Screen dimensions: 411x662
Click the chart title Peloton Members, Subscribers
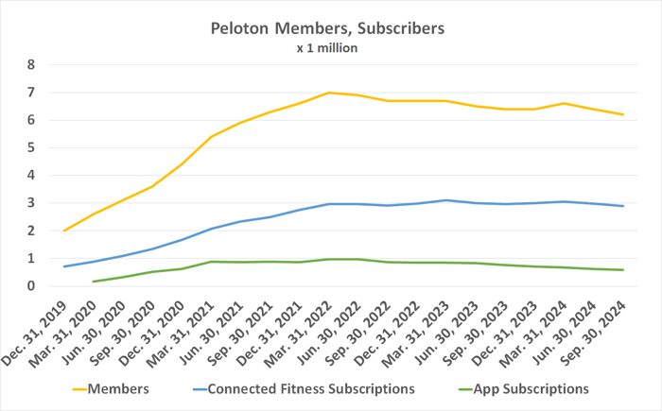326,29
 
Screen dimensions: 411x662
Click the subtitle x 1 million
326,49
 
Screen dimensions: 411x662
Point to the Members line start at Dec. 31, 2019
64,231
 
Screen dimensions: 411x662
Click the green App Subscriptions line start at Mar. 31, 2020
94,282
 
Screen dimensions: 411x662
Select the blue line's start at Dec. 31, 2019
64,266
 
